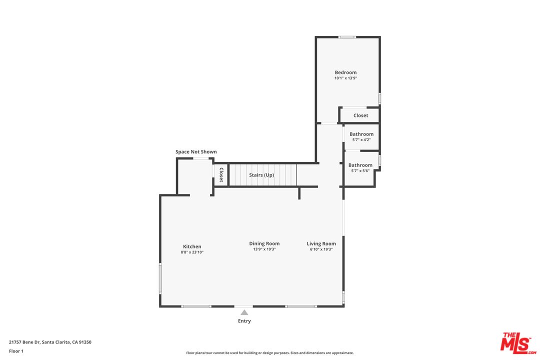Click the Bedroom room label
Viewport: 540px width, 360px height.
(345, 72)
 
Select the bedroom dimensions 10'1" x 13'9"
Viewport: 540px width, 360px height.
(345, 78)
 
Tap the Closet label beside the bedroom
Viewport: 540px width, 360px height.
(360, 115)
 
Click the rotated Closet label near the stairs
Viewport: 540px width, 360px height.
(221, 174)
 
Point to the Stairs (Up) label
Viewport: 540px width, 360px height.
(261, 175)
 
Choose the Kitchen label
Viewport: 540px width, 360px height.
(192, 246)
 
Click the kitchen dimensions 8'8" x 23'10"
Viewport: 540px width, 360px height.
(192, 252)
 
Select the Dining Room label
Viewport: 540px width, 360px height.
(264, 243)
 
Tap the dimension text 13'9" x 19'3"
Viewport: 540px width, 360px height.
(264, 249)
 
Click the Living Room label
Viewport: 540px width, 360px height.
(321, 243)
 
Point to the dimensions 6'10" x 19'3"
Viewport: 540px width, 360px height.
(321, 249)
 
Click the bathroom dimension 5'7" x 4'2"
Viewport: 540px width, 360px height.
(361, 140)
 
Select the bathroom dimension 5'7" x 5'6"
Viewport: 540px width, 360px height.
(360, 171)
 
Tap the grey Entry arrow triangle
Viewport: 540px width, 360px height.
(244, 312)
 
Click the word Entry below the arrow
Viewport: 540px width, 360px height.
(244, 320)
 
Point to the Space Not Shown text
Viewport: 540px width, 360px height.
(196, 151)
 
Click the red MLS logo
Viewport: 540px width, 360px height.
(518, 343)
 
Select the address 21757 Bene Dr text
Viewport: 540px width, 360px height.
(25, 342)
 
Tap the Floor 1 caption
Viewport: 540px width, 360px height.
(16, 351)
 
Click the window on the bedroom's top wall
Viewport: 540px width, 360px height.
(347, 37)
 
